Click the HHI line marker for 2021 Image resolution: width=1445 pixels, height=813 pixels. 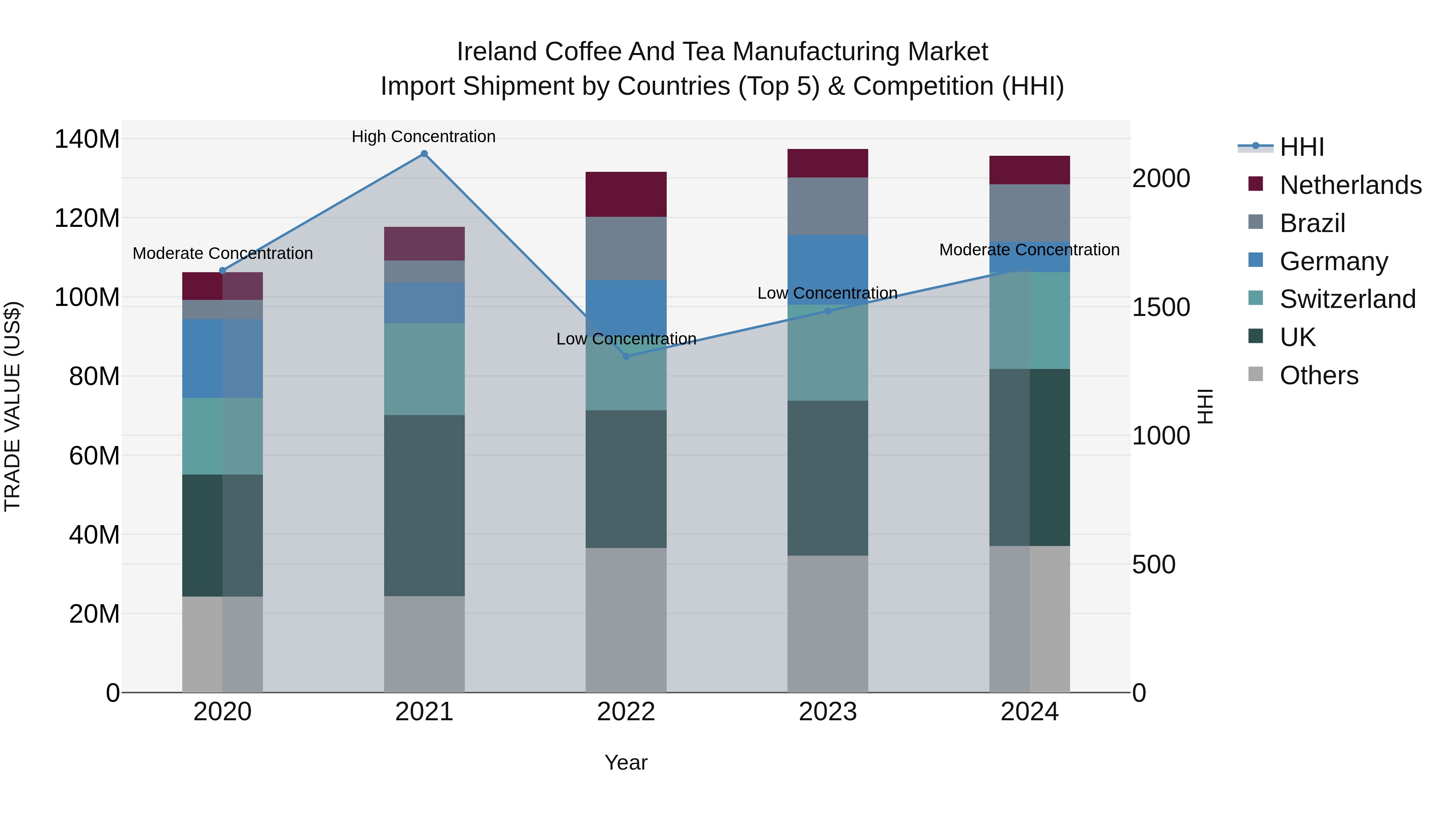click(424, 154)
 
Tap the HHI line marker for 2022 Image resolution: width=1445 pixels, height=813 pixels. click(626, 356)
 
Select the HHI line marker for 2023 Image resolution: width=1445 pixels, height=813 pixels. click(828, 311)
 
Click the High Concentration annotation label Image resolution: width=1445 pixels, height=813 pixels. click(423, 137)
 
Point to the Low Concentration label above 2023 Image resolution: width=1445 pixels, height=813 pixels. click(827, 293)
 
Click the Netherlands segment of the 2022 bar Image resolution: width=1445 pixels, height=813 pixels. click(626, 194)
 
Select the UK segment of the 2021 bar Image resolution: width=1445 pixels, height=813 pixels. click(424, 505)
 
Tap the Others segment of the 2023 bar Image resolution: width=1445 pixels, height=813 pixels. click(828, 624)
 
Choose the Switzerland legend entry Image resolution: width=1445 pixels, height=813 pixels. click(1347, 299)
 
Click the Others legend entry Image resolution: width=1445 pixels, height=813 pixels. click(1319, 375)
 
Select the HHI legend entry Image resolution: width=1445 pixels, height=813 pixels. click(1301, 147)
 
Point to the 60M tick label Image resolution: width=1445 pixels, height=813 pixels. click(94, 456)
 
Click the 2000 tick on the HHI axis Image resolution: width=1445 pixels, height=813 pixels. click(1160, 178)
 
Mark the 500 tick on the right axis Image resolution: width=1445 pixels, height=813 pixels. click(1153, 564)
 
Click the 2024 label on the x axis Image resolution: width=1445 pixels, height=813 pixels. click(1029, 712)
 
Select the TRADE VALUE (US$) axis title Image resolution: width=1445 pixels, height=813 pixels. click(12, 406)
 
